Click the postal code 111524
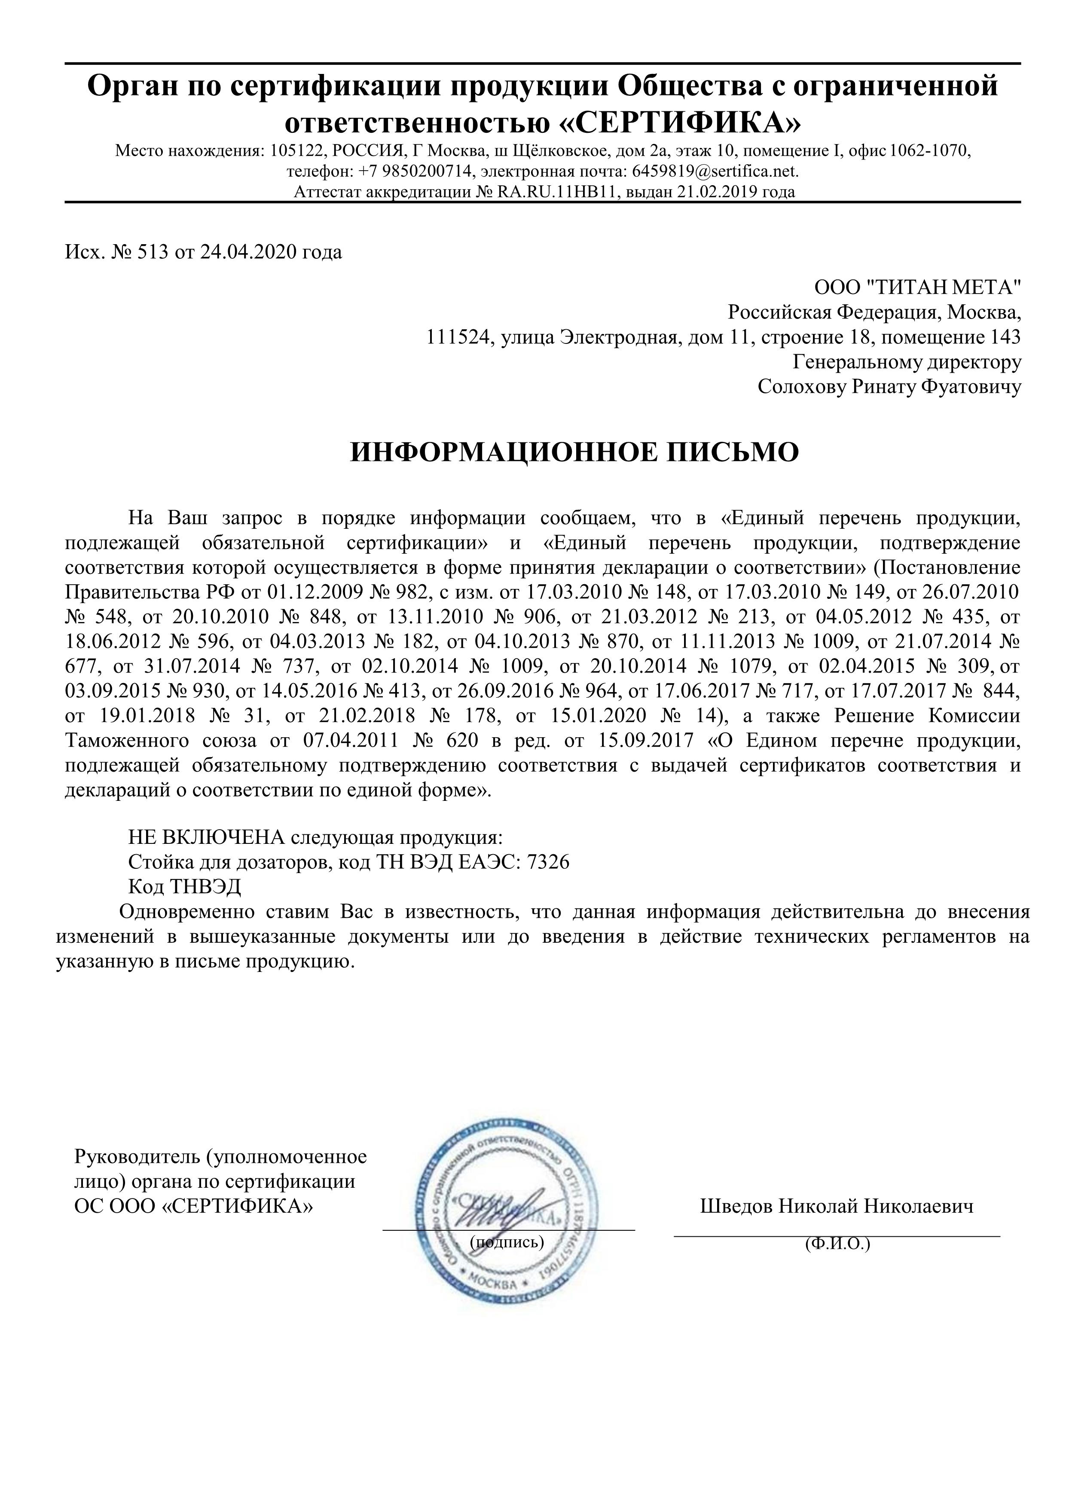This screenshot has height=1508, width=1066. point(459,337)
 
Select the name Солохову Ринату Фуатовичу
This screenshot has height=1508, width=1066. point(889,387)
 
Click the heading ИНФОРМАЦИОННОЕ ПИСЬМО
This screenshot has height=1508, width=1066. point(574,453)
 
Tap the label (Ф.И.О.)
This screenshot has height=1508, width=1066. point(837,1243)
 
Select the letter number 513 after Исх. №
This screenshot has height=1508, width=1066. point(153,252)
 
